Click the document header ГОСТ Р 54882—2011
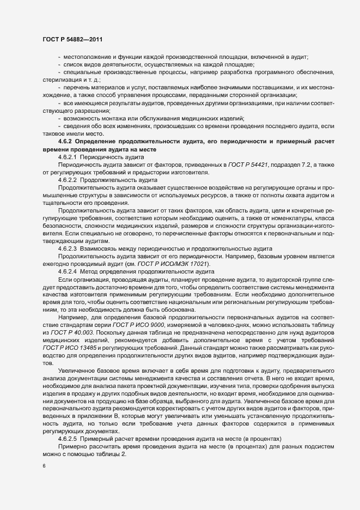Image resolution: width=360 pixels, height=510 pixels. tap(72, 39)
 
